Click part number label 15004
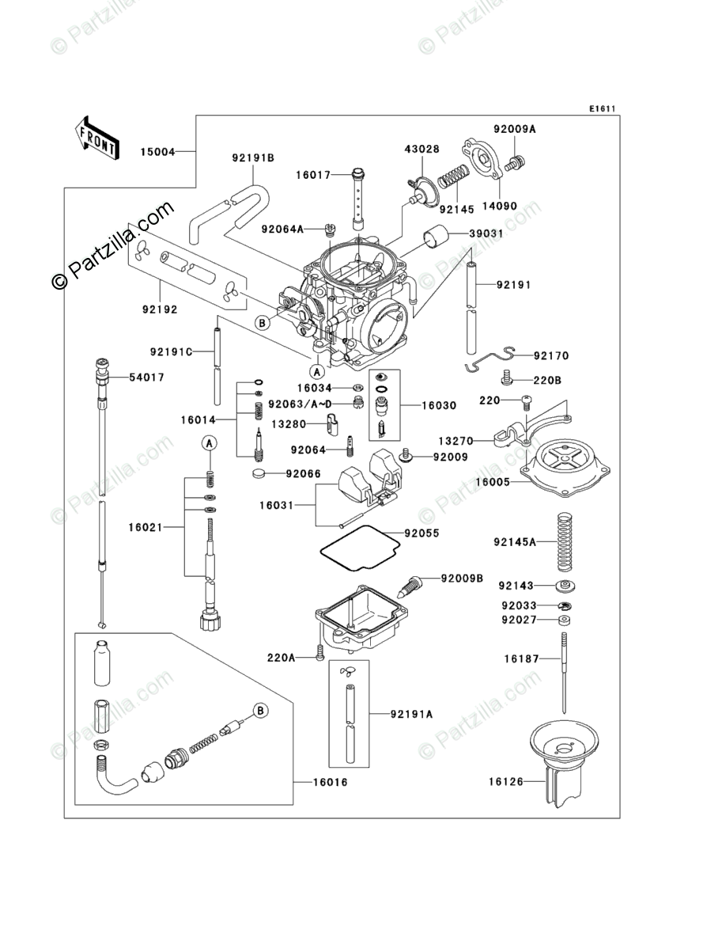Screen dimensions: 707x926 tap(157, 152)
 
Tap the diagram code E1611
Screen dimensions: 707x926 tap(602, 108)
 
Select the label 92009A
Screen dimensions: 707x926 tap(515, 129)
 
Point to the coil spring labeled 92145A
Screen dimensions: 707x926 tap(565, 542)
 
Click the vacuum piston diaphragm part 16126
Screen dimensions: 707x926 tap(563, 761)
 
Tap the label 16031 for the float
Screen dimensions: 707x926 tap(276, 505)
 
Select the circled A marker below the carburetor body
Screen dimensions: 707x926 tap(317, 372)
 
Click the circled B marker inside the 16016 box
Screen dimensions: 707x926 tap(261, 710)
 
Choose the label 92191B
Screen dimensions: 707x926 tap(253, 158)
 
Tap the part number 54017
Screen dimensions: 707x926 tap(147, 377)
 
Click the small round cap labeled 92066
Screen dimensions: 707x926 tap(259, 473)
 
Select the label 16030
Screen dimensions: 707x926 tap(439, 406)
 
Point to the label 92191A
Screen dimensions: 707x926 tap(411, 714)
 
